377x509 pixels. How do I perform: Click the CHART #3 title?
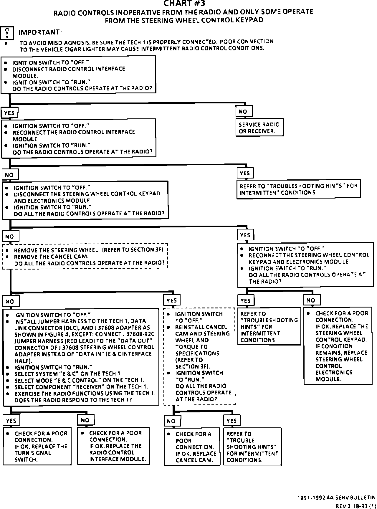184,4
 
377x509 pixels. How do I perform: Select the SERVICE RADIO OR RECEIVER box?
259,128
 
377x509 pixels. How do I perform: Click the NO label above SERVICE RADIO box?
244,111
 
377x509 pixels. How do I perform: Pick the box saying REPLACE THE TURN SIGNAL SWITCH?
37,446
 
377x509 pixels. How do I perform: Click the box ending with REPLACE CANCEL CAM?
192,447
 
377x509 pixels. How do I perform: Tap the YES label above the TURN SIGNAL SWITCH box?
11,420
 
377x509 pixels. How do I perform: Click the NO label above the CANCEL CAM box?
171,421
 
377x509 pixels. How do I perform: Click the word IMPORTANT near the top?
40,32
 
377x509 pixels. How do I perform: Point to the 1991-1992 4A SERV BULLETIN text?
337,498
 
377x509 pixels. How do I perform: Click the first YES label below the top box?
9,113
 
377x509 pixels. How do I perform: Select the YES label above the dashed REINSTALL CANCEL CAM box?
171,300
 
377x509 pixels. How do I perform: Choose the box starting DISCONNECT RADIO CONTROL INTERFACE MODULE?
78,75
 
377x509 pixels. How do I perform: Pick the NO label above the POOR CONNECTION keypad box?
311,300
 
